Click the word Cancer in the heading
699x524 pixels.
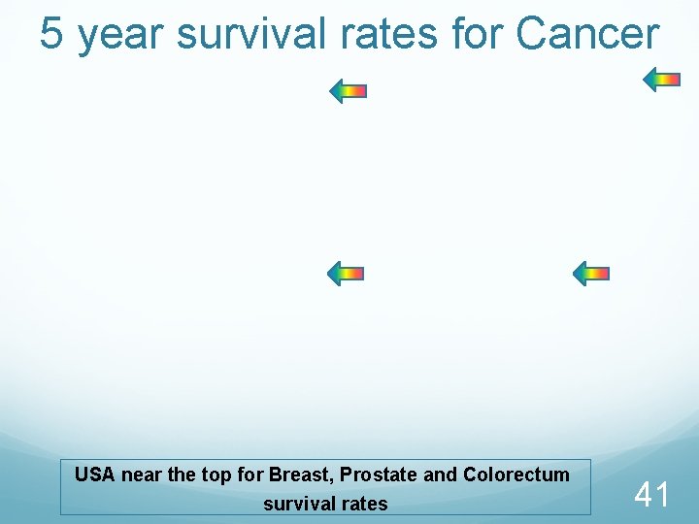tap(588, 34)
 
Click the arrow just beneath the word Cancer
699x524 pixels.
tap(663, 80)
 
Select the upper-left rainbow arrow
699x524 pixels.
tap(348, 92)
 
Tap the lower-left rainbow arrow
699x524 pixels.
tap(345, 274)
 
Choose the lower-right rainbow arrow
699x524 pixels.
tap(590, 274)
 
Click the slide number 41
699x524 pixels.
tap(651, 495)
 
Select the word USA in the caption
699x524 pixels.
tap(95, 475)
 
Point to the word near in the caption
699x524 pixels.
tap(142, 475)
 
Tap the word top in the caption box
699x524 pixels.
tap(213, 475)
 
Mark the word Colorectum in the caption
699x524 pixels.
tap(516, 475)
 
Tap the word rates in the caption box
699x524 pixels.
tap(364, 504)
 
